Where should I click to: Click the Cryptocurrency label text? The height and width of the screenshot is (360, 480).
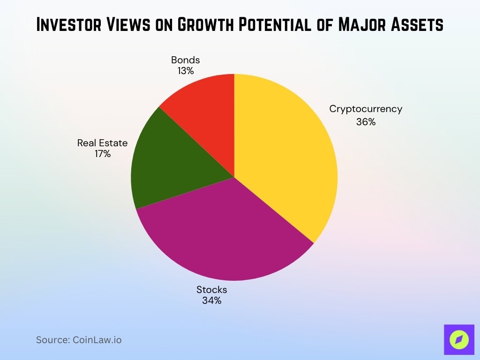click(366, 109)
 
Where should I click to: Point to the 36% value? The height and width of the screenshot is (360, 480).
click(366, 122)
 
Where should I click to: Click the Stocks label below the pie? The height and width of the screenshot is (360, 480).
click(211, 289)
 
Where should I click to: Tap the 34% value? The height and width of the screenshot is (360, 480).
click(211, 300)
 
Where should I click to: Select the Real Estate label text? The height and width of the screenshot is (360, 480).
click(102, 143)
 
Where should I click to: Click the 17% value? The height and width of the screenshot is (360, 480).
click(102, 154)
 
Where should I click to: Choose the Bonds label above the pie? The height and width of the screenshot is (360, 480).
click(185, 60)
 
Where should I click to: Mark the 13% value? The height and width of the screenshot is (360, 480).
click(185, 71)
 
